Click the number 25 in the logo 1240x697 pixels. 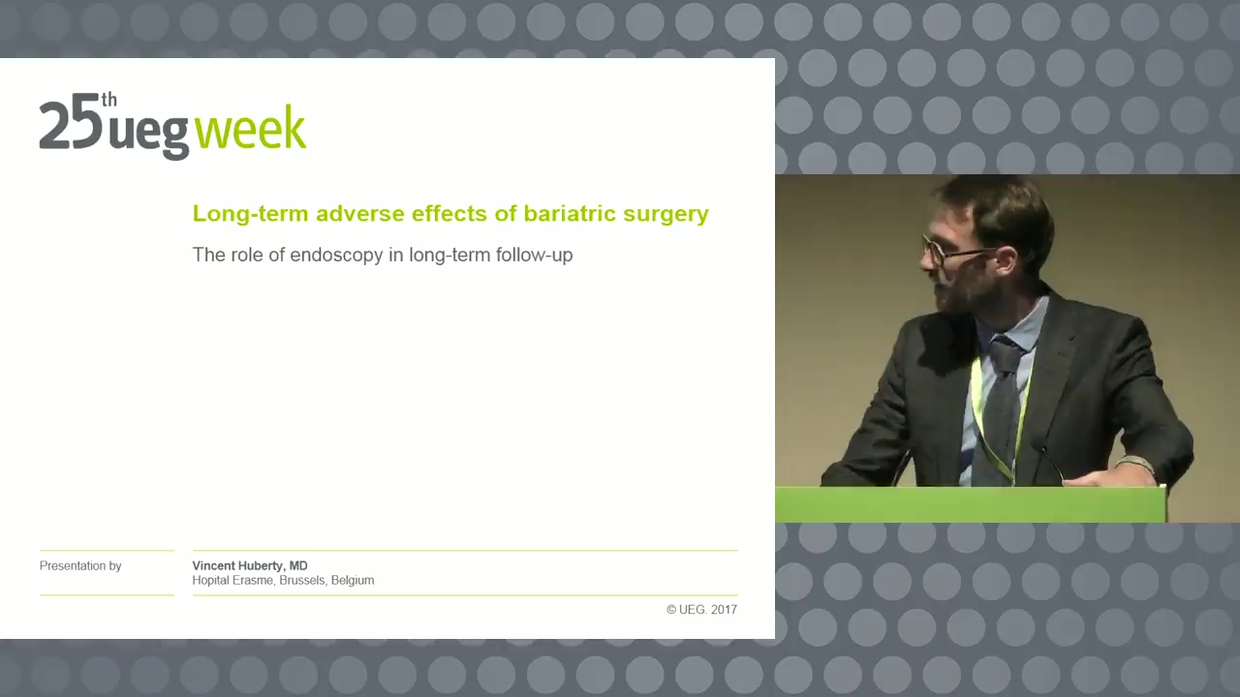coord(71,126)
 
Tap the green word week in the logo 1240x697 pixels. coord(250,127)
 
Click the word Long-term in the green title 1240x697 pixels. coord(250,214)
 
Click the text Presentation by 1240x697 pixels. coord(80,566)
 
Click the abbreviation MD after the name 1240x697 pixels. coord(298,566)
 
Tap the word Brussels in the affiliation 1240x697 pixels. coord(301,580)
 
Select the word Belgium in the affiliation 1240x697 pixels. coord(353,580)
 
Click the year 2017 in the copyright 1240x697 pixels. coord(724,610)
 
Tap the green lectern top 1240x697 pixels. coord(971,504)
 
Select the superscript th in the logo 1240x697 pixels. coord(109,100)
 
